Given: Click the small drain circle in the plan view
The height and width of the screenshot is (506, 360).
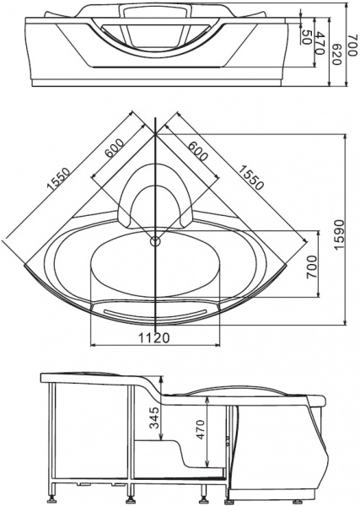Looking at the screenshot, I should (x=154, y=243).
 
